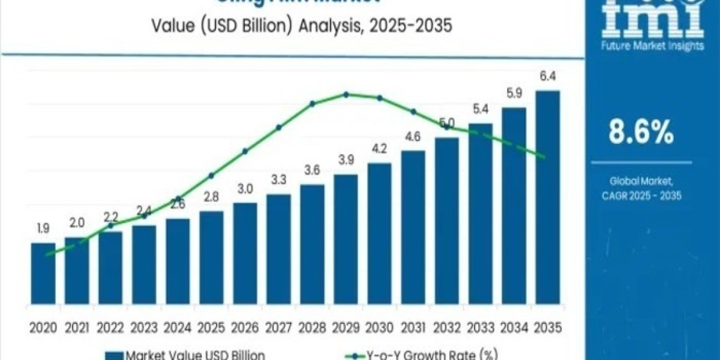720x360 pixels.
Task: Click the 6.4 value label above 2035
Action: (547, 77)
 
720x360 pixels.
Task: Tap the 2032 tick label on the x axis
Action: (446, 327)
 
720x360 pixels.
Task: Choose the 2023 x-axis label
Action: (144, 327)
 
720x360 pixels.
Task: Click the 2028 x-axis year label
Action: (312, 327)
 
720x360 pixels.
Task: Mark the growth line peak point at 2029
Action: (346, 94)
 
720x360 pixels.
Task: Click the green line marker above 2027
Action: (278, 127)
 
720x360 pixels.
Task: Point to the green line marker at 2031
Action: (413, 112)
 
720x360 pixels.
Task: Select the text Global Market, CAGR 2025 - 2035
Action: (641, 188)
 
